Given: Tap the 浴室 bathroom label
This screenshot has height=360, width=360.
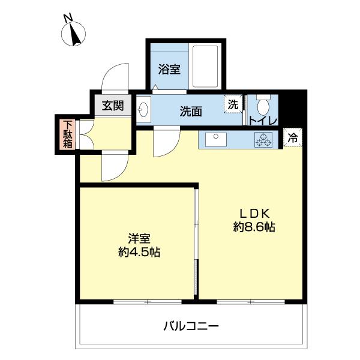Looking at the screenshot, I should coord(169,69).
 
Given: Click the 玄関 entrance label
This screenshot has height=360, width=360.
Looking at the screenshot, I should coord(112,106).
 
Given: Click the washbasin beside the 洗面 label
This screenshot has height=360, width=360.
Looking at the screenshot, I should coord(144,110).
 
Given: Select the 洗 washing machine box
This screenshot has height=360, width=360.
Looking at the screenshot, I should coord(233,104).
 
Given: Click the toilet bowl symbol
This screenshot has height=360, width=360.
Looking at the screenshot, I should coord(262,107).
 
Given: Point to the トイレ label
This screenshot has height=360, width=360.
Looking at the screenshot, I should coord(263,121).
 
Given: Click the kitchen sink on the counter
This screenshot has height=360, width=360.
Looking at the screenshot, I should coord(214,140).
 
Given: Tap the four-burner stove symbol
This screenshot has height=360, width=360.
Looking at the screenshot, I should coord(263,140).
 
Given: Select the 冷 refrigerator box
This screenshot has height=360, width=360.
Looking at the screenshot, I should coord(293,137).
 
